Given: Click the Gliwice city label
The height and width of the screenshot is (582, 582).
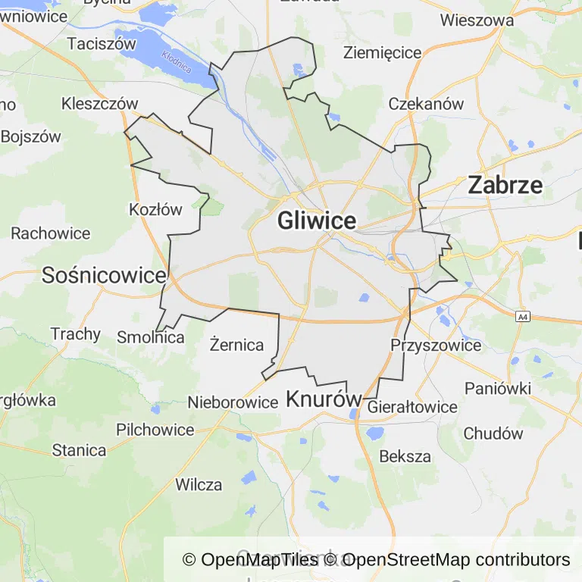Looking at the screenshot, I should click(x=317, y=221).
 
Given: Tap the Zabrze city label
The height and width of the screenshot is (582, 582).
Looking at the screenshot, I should click(x=505, y=185).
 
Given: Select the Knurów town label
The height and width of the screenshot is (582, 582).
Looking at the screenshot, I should click(x=320, y=399).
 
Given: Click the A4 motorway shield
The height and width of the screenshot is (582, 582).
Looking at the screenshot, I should click(x=522, y=317).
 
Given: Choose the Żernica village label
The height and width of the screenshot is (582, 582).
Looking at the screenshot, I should click(x=236, y=346).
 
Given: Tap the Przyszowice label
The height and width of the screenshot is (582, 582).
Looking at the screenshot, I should click(x=436, y=346).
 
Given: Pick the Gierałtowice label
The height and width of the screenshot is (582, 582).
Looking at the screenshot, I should click(x=412, y=407).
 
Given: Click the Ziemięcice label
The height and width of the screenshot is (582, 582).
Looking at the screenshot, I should click(x=382, y=52).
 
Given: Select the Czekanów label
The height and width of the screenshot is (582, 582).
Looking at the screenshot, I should click(x=426, y=104).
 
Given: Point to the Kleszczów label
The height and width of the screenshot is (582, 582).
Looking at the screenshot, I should click(x=100, y=104).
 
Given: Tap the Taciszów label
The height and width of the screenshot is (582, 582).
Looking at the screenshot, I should click(x=101, y=44).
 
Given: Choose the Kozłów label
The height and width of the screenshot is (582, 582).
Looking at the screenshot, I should click(x=156, y=209).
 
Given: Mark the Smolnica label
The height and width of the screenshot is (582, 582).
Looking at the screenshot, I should click(x=151, y=337).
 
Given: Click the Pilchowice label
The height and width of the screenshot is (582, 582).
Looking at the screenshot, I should click(x=155, y=430).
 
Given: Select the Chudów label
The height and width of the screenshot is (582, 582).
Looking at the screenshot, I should click(x=493, y=434).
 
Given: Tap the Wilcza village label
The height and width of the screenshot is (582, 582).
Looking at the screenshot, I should click(x=199, y=484).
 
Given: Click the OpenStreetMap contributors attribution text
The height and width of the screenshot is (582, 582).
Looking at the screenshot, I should click(x=457, y=560).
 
